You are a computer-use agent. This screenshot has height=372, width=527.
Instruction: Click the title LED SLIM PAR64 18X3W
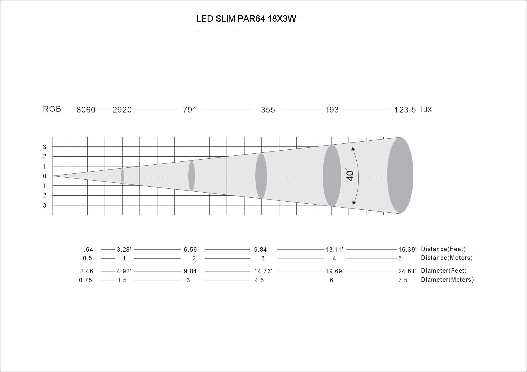pos(246,19)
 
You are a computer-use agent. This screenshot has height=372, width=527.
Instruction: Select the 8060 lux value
pos(86,110)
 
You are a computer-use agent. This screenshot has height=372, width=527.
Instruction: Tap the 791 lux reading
pos(190,110)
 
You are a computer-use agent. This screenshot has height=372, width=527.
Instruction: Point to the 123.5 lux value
pos(405,110)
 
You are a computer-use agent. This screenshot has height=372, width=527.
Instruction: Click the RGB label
pos(52,109)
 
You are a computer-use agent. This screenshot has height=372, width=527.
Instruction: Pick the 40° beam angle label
pos(350,174)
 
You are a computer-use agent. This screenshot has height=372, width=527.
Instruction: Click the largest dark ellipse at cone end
pos(400,175)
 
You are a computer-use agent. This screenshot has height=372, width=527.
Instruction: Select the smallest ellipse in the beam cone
pos(122,176)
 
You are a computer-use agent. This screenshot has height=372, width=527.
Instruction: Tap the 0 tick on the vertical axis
pos(45,176)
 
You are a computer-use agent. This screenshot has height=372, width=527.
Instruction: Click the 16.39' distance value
pos(407,250)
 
